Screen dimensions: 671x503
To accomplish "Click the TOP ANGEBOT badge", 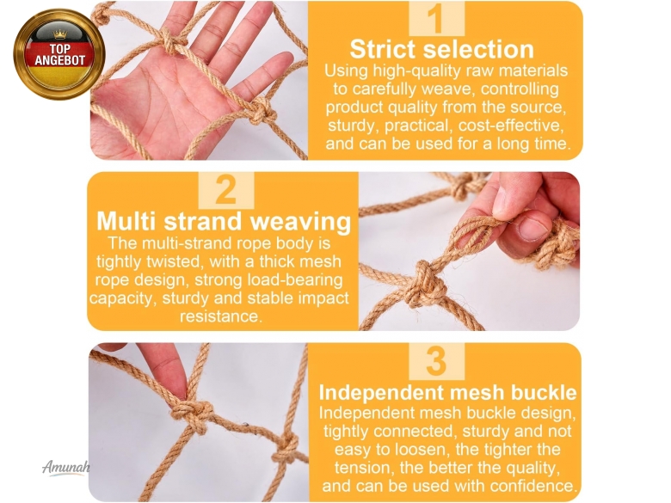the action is click(x=59, y=54).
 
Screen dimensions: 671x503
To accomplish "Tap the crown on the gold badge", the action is click(x=59, y=34).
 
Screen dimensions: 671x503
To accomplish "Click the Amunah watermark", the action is click(x=66, y=467).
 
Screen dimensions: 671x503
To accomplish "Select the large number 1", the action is click(x=436, y=18).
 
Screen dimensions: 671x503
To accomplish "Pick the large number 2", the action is click(x=226, y=190).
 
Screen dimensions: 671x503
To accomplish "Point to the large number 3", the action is click(x=436, y=361).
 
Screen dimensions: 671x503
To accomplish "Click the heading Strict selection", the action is click(x=441, y=49).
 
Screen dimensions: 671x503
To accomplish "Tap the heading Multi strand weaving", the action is click(x=224, y=222).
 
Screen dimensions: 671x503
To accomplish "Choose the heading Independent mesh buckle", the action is click(x=447, y=392).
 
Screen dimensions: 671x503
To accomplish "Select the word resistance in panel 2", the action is click(x=221, y=316).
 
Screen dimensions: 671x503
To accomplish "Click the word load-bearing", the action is click(x=295, y=279).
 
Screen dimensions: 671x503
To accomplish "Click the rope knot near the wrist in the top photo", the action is click(x=262, y=112).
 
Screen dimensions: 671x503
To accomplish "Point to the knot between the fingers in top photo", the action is click(x=172, y=43).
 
